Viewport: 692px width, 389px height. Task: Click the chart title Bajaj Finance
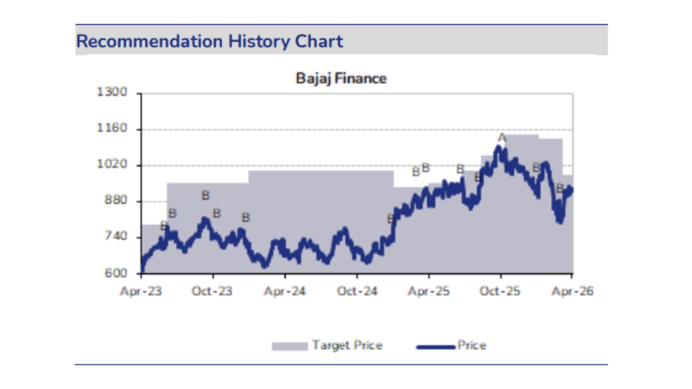(x=341, y=78)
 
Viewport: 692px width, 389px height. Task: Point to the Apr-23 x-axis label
(x=141, y=292)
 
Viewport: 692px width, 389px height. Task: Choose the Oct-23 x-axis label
(x=213, y=292)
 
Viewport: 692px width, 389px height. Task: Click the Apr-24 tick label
(x=285, y=292)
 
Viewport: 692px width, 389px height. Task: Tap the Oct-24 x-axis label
(x=357, y=292)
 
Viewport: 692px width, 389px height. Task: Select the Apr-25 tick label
(x=428, y=292)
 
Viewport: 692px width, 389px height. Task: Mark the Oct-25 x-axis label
(x=501, y=292)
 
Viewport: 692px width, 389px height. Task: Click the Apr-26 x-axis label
(x=572, y=292)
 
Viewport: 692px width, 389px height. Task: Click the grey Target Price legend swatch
(x=289, y=346)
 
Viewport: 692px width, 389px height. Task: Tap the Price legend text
(x=472, y=346)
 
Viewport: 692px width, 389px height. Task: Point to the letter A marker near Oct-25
(x=502, y=138)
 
